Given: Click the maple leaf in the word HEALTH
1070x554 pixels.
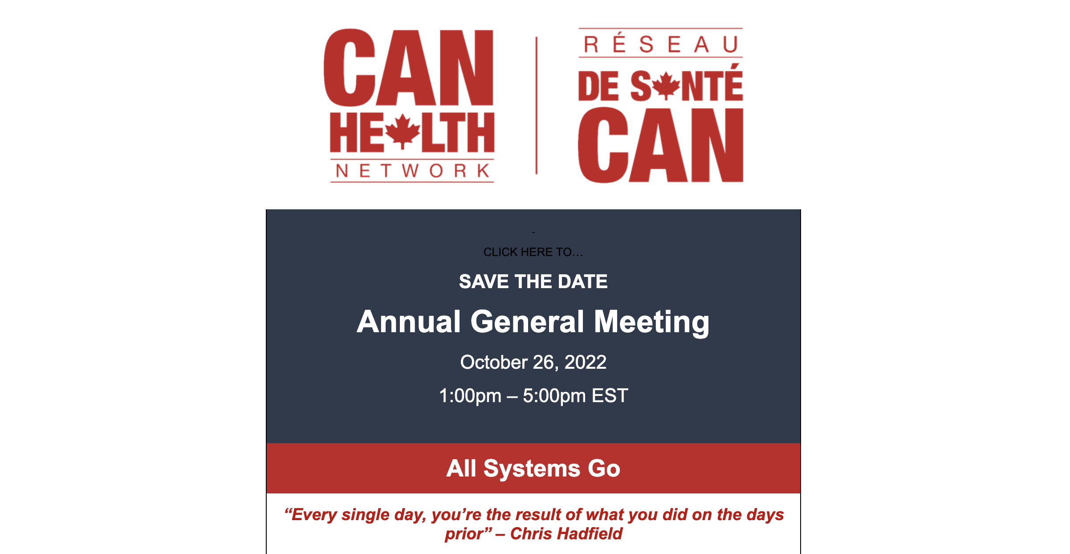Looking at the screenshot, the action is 403,131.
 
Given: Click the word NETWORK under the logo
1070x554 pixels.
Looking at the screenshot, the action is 412,171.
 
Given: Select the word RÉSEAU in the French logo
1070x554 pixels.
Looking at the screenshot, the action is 661,44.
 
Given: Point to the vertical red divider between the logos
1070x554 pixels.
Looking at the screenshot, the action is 537,106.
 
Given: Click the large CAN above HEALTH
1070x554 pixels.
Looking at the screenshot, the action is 408,68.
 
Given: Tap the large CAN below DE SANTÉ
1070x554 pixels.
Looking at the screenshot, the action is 661,145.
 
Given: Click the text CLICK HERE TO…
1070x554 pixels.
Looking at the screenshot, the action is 533,252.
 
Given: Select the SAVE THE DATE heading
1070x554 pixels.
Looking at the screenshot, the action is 533,281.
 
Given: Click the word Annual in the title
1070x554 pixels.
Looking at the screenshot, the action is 409,322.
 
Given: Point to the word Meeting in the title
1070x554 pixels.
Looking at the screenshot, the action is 652,322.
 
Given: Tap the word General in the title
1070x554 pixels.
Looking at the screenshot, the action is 527,322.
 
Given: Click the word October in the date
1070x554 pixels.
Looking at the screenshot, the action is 494,362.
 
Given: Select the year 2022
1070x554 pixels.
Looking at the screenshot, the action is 586,362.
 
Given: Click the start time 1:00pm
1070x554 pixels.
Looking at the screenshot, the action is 470,396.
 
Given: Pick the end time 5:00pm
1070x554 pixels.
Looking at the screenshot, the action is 554,396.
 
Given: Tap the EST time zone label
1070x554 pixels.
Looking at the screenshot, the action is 610,395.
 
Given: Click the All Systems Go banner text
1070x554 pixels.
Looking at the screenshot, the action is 533,468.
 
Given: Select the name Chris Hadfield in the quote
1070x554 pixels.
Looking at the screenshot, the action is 566,534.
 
